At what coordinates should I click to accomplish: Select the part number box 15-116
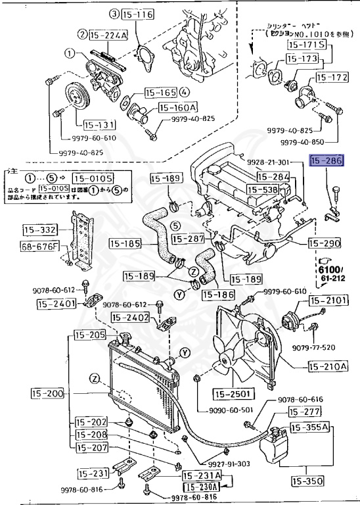click(136, 13)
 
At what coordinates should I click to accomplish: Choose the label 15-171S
click(305, 45)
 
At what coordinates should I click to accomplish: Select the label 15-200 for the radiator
click(48, 394)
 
